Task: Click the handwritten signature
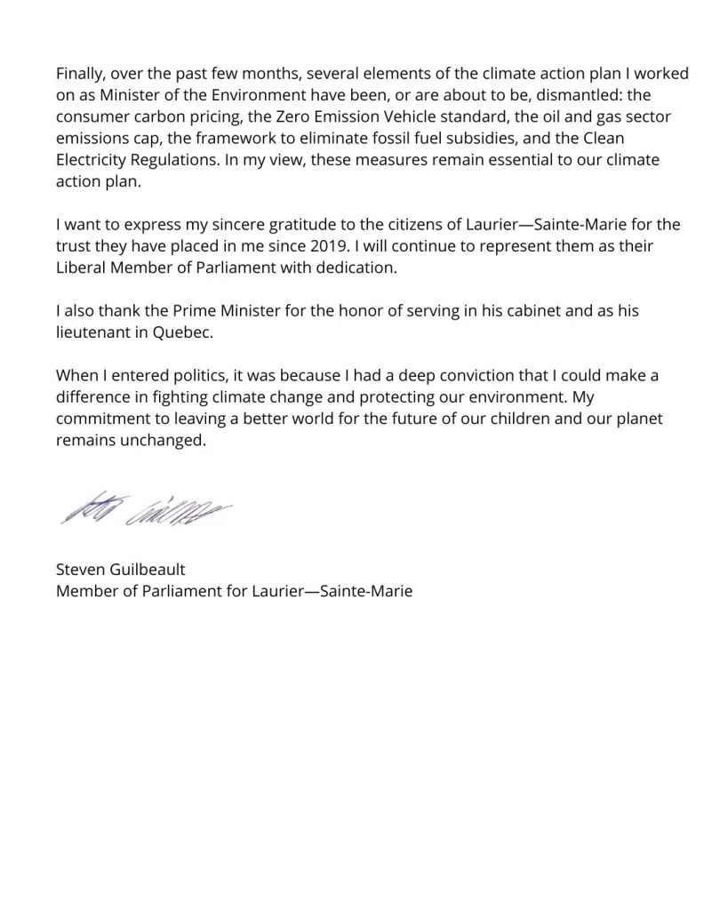[146, 508]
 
